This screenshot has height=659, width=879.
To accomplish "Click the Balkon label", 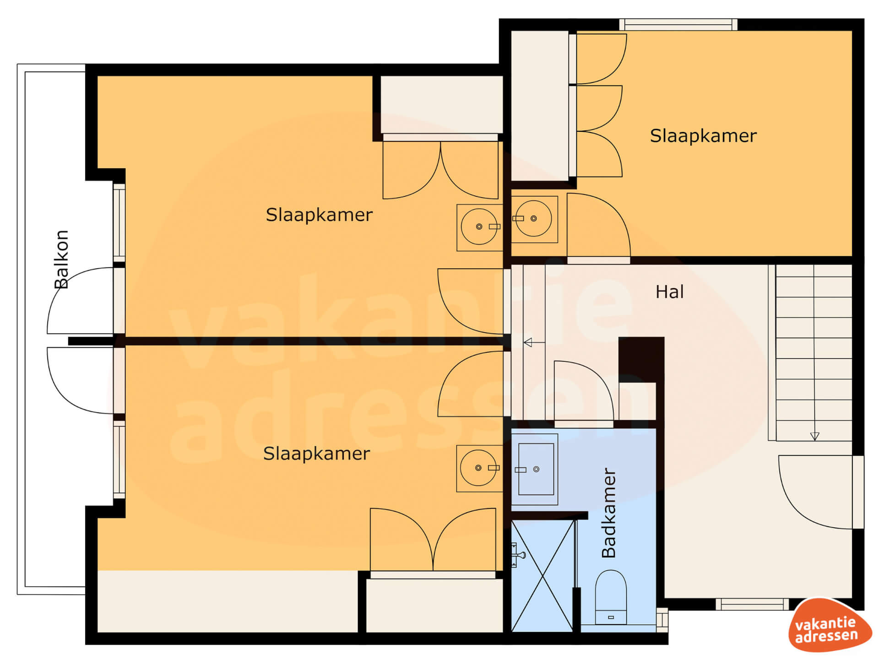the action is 61,259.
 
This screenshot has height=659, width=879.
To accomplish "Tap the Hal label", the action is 669,292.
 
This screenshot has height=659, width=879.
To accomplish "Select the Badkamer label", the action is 608,513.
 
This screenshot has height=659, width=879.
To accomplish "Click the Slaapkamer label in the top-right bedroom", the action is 703,136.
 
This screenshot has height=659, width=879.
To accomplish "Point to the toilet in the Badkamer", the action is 611,597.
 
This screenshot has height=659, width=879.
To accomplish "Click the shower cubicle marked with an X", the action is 543,576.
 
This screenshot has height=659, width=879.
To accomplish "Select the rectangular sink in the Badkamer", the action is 535,469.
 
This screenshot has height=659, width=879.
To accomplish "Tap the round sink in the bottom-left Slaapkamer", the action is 479,468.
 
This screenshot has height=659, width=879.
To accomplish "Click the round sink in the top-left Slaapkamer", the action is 480,227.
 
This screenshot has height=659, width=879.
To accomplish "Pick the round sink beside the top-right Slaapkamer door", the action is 534,219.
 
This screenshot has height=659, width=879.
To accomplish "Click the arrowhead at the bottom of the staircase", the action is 814,436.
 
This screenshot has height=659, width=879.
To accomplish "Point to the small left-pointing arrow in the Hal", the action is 534,342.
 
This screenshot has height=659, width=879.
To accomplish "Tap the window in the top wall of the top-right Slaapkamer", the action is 678,24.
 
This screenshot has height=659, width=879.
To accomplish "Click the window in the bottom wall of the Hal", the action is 752,604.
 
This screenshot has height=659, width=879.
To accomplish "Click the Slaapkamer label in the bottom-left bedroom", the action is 316,454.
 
